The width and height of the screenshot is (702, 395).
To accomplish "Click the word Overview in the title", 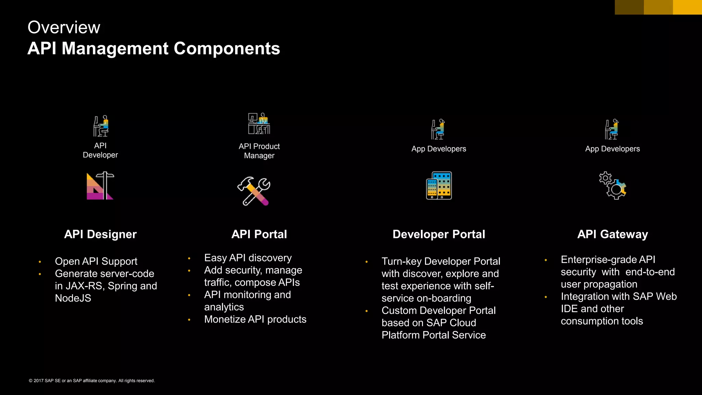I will pyautogui.click(x=64, y=27).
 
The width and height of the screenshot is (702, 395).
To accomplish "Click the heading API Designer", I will pyautogui.click(x=100, y=234).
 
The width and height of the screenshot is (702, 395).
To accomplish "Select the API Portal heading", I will pyautogui.click(x=259, y=234).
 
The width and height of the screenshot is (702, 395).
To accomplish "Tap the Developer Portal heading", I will pyautogui.click(x=439, y=234).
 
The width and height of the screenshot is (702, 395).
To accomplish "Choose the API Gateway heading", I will pyautogui.click(x=613, y=234).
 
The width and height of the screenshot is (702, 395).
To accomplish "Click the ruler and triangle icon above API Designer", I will pyautogui.click(x=100, y=186).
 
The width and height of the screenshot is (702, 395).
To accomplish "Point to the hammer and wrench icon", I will pyautogui.click(x=254, y=191).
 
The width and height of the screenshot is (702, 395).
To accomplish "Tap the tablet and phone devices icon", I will pyautogui.click(x=439, y=185).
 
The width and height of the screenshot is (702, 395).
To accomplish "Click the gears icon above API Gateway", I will pyautogui.click(x=613, y=185).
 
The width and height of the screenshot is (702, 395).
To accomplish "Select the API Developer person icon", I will pyautogui.click(x=101, y=126).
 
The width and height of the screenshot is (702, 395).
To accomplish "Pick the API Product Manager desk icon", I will pyautogui.click(x=259, y=123).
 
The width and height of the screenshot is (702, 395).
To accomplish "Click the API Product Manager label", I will pyautogui.click(x=259, y=151).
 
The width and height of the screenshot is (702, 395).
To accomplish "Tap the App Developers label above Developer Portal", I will pyautogui.click(x=439, y=149).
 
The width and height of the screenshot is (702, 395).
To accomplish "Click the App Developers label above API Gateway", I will pyautogui.click(x=613, y=149).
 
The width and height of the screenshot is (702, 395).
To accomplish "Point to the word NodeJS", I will pyautogui.click(x=73, y=298).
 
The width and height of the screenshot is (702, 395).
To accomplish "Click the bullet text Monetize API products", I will pyautogui.click(x=255, y=319).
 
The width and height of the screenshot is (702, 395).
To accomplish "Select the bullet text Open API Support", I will pyautogui.click(x=96, y=261).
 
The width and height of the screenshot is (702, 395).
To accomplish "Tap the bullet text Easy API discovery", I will pyautogui.click(x=248, y=258).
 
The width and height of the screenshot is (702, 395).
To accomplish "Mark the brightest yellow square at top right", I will pyautogui.click(x=687, y=7).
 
